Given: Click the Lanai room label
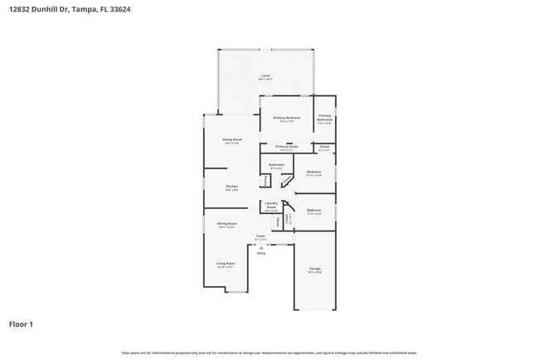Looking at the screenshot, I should (x=265, y=75).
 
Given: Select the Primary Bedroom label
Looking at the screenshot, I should (x=287, y=118).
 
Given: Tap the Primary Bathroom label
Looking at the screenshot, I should (x=325, y=118).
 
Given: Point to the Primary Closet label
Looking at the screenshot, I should (x=287, y=147).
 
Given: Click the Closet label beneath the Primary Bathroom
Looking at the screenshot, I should (x=325, y=147).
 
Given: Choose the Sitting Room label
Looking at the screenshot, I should (x=231, y=140).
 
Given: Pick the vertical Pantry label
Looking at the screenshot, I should (x=265, y=180).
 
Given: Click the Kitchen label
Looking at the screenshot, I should (x=232, y=187).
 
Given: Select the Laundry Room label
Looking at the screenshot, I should (x=271, y=207).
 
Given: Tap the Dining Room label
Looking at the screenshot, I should (x=227, y=223).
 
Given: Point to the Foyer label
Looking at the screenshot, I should (x=260, y=236).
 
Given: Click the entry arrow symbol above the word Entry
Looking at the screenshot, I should (x=260, y=247).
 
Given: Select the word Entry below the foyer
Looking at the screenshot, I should (x=260, y=253).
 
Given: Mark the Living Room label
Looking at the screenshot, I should (x=226, y=264).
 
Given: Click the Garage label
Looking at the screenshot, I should (x=315, y=269).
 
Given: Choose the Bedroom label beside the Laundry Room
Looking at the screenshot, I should (x=313, y=211).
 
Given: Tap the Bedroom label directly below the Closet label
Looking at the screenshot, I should (x=313, y=172).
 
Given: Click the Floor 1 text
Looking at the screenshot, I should (x=22, y=324).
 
